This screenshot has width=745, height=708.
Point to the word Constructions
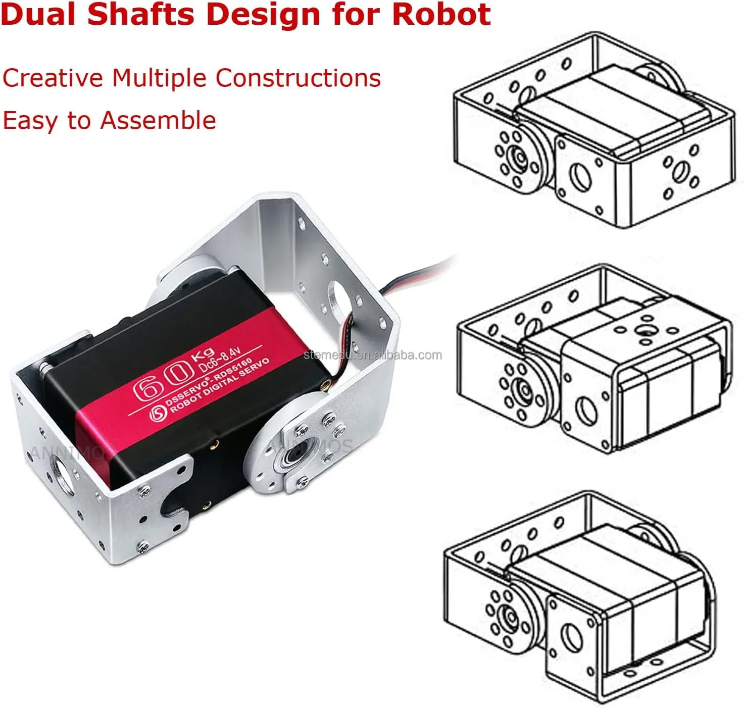click(298, 78)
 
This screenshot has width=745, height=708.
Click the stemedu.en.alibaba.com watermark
click(373, 355)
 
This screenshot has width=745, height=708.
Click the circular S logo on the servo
click(159, 413)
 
